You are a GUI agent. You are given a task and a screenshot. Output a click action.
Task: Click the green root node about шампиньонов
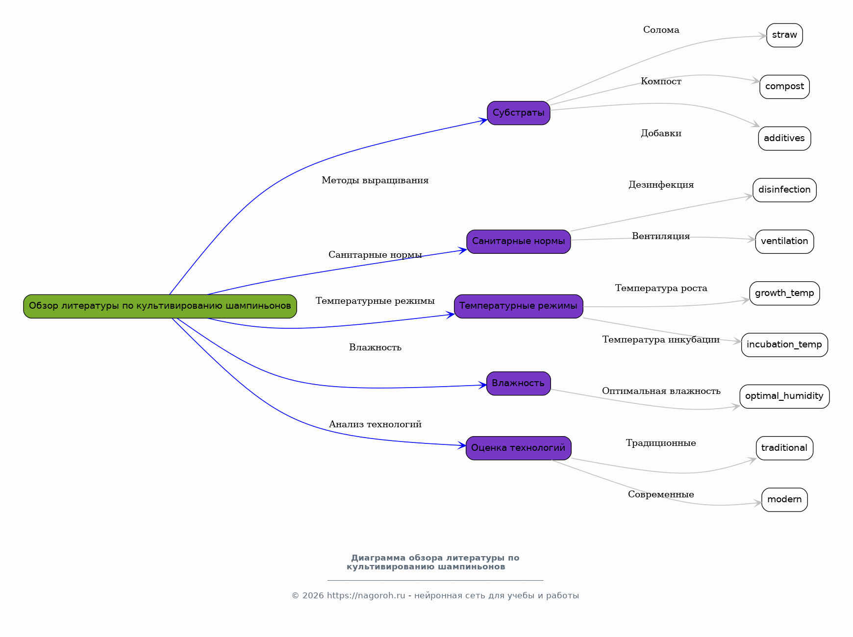[x=160, y=306]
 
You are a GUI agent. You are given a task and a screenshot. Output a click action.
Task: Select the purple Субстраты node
[x=518, y=113]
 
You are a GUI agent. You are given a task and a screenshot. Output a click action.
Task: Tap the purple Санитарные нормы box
[x=518, y=242]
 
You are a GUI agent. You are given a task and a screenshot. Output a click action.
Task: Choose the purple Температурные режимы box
[x=518, y=306]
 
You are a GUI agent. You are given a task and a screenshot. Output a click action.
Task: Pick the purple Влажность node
[x=518, y=383]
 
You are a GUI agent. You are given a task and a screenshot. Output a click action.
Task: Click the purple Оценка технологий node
[x=518, y=448]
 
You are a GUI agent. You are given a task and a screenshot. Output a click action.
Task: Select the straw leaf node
[x=784, y=35]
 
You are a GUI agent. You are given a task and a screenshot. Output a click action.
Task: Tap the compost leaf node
[x=784, y=87]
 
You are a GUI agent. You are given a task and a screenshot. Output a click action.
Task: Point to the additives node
[x=784, y=138]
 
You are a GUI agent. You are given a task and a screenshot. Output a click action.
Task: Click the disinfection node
[x=784, y=190]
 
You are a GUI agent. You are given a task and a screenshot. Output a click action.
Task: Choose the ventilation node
[x=784, y=242]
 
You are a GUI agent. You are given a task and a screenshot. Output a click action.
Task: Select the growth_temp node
[x=784, y=293]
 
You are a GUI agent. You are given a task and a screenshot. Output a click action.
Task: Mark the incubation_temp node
[x=784, y=344]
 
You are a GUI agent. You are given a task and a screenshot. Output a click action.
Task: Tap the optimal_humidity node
[x=784, y=396]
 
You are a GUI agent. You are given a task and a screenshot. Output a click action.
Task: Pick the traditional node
[x=784, y=448]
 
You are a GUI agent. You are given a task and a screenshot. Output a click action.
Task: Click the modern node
[x=784, y=499]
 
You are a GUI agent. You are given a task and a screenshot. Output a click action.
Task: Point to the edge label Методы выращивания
[x=375, y=180]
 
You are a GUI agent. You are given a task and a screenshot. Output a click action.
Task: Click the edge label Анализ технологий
[x=375, y=424]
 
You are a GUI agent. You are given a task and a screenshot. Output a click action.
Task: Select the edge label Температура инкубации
[x=661, y=340]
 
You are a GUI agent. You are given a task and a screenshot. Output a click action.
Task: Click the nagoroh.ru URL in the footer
[x=366, y=596]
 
